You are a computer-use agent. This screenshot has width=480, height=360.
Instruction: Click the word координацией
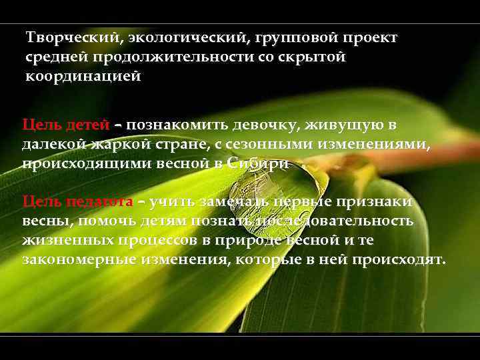point(83,76)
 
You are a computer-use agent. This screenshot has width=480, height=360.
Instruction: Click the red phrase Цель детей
point(64,125)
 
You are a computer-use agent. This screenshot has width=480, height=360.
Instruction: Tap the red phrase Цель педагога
point(77,201)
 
